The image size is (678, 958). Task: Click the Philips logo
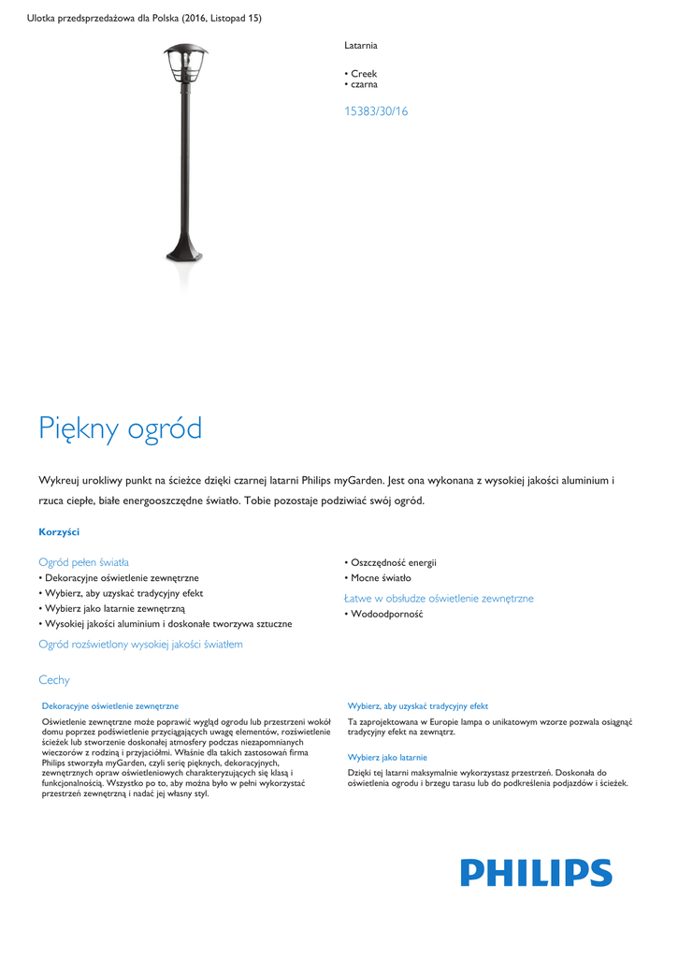click(x=536, y=873)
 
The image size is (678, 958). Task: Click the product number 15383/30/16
click(x=377, y=111)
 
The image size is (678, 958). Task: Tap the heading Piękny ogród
click(x=121, y=429)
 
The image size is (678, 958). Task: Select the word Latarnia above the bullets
click(x=361, y=45)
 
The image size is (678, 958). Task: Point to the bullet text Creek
click(x=364, y=73)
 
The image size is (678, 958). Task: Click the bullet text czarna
click(x=364, y=84)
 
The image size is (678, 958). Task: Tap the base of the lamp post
click(x=183, y=251)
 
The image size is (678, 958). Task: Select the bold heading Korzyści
click(x=59, y=531)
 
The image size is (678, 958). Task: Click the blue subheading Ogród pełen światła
click(x=83, y=562)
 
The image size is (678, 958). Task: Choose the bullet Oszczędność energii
click(x=393, y=562)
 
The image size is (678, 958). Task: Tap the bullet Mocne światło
click(x=381, y=578)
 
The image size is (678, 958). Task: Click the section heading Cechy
click(x=54, y=680)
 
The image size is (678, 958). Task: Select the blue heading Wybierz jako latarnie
click(x=387, y=757)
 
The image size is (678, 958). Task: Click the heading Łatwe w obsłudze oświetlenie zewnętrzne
click(x=439, y=598)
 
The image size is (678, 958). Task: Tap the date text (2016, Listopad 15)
click(x=222, y=19)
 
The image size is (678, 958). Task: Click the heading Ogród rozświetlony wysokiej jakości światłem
click(x=140, y=644)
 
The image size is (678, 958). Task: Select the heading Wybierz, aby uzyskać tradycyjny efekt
click(x=418, y=706)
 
